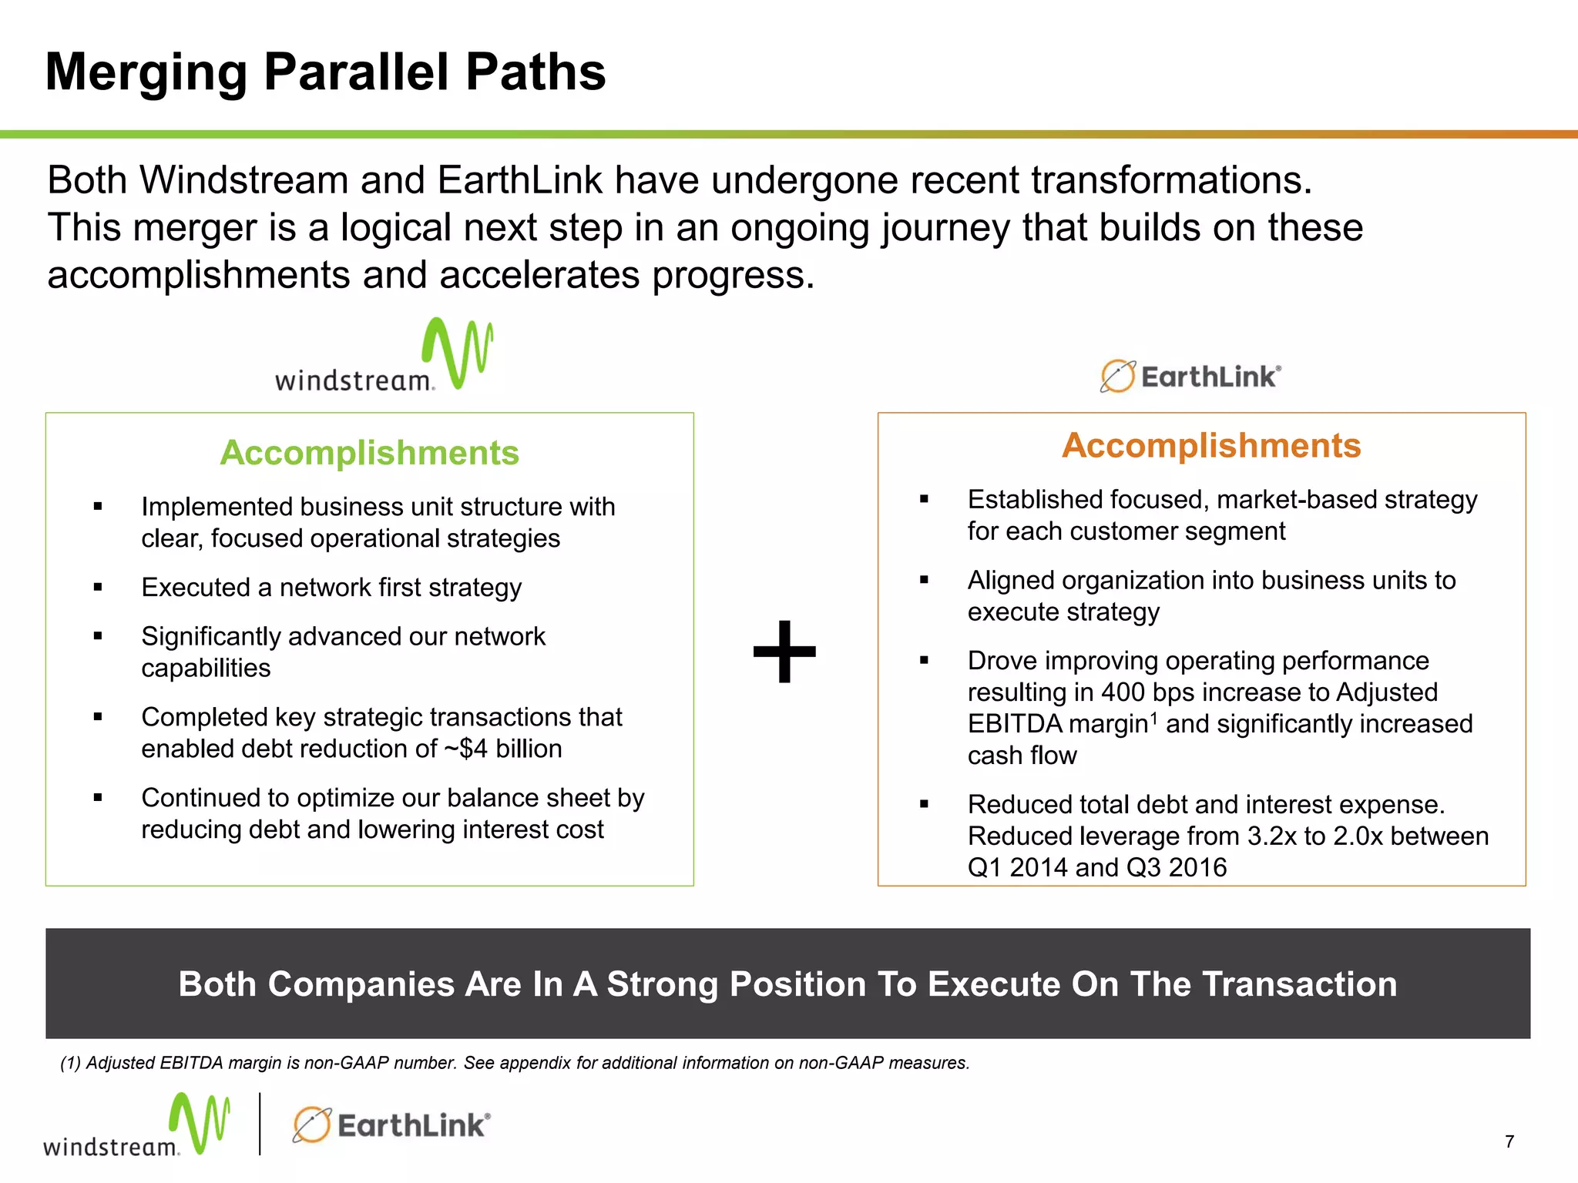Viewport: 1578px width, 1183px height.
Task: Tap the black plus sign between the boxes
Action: coord(784,652)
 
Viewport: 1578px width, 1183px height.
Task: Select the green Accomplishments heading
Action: coord(369,453)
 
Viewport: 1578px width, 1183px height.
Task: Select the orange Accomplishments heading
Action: coord(1211,445)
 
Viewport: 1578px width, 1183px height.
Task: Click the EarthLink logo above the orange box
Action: coord(1190,377)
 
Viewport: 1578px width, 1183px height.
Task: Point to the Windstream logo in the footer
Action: coord(136,1126)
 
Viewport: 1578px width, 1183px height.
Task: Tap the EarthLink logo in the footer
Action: coord(391,1125)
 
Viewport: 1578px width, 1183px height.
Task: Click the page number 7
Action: coord(1509,1141)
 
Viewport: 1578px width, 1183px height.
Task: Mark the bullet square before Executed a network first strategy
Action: coord(98,588)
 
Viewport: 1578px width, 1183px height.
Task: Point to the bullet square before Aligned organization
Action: coord(924,580)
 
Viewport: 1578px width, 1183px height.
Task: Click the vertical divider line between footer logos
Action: coord(260,1124)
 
